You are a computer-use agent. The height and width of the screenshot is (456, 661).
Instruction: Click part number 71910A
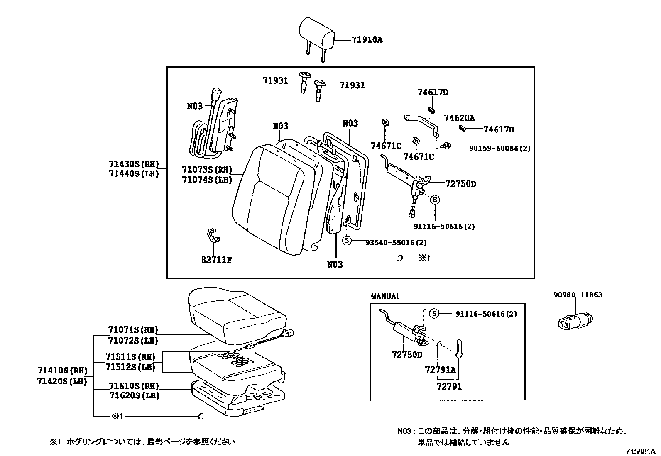click(x=367, y=40)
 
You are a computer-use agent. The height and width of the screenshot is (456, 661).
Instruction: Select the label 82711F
click(x=216, y=260)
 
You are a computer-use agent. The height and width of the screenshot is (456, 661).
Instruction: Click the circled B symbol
click(x=435, y=200)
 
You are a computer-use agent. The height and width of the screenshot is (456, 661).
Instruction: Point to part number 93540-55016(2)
click(x=396, y=243)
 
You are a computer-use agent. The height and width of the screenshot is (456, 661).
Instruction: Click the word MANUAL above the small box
click(x=385, y=296)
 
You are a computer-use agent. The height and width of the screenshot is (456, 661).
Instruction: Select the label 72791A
click(x=440, y=369)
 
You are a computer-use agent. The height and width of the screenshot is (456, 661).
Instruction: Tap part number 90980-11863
click(x=578, y=295)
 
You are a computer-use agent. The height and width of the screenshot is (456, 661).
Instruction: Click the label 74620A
click(x=459, y=118)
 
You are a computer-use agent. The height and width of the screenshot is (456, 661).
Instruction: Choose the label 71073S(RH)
click(x=206, y=169)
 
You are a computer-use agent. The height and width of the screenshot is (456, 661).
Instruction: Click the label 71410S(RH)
click(x=62, y=370)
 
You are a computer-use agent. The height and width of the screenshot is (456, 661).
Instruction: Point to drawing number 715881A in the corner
click(x=641, y=451)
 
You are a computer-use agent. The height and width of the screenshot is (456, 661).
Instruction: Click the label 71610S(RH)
click(x=134, y=386)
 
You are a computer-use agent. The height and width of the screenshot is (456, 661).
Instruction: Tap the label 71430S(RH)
click(x=134, y=164)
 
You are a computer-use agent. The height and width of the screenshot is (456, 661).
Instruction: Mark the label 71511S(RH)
click(x=130, y=357)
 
